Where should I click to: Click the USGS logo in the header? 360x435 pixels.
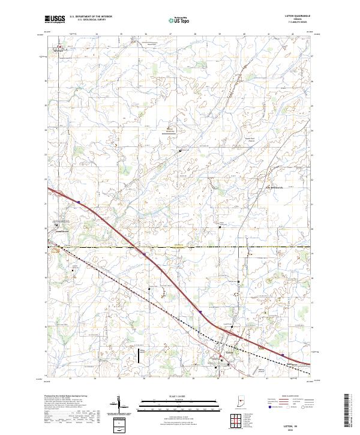click(x=55, y=19)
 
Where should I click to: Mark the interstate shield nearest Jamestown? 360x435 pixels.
click(x=78, y=202)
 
